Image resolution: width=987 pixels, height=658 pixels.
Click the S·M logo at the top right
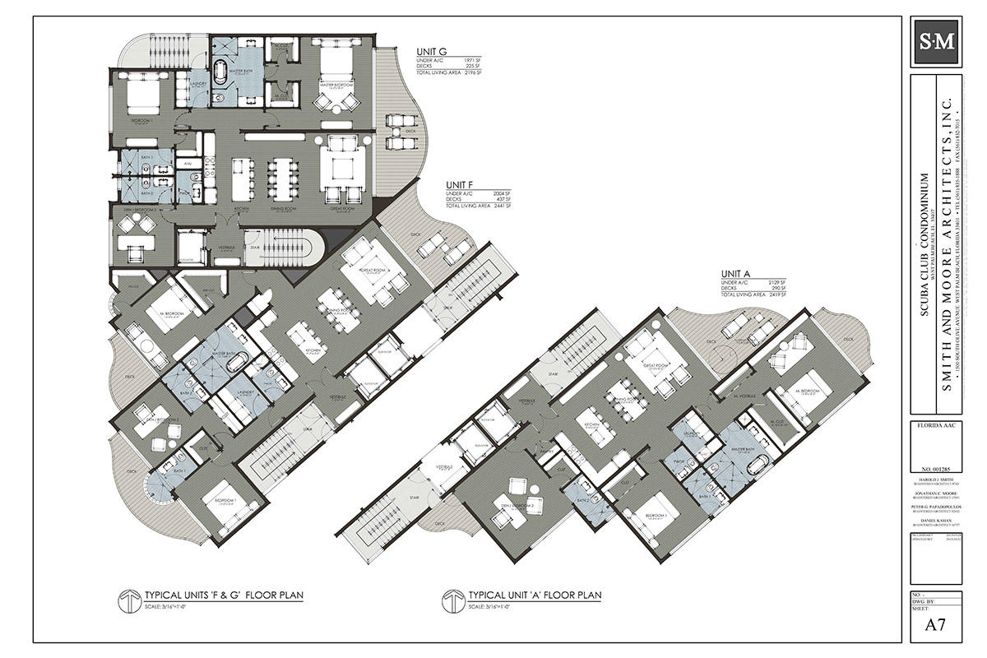(x=938, y=42)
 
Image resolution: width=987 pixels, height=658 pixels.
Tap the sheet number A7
(x=938, y=625)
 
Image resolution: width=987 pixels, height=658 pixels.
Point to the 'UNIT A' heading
(x=736, y=273)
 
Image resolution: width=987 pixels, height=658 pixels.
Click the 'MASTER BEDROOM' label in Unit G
(x=336, y=85)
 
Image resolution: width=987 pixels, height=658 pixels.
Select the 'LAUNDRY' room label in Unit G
(x=198, y=83)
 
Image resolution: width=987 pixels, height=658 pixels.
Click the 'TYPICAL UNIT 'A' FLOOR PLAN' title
(x=535, y=595)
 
